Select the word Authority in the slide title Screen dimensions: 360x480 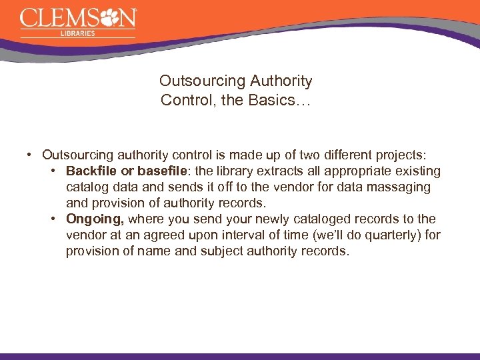click(281, 81)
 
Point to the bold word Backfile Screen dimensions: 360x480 click(91, 171)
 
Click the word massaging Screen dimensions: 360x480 click(393, 187)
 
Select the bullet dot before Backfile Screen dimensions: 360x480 click(53, 171)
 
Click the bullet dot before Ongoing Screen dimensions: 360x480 click(53, 219)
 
